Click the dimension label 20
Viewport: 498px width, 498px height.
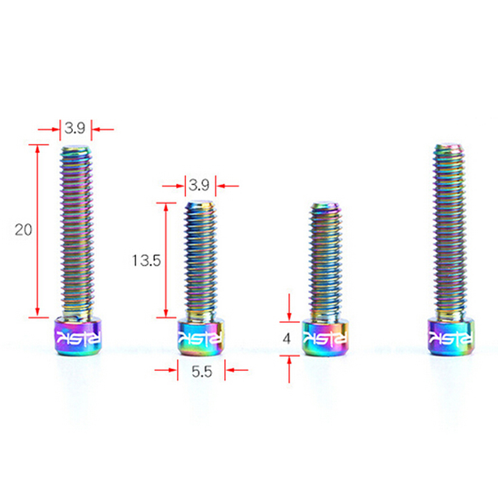(x=24, y=230)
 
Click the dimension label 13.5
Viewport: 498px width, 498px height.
(x=146, y=260)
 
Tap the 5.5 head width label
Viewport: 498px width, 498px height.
(x=202, y=371)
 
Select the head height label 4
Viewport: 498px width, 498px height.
(x=286, y=339)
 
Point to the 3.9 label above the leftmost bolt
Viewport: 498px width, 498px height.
(x=75, y=128)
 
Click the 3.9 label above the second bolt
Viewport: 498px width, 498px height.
(x=199, y=185)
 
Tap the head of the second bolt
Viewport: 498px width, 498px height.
(x=200, y=338)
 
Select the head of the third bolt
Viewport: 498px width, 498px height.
(x=324, y=338)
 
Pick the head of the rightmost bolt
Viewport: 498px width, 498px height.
(x=451, y=337)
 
